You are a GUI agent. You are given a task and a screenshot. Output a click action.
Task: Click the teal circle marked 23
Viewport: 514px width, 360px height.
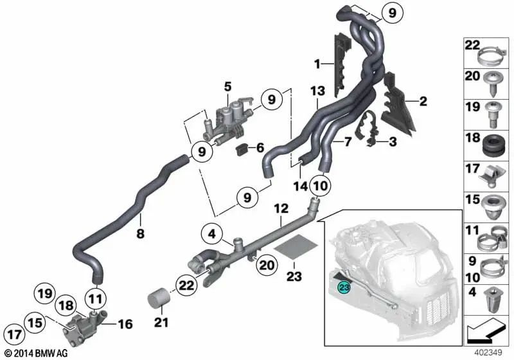pyautogui.click(x=344, y=287)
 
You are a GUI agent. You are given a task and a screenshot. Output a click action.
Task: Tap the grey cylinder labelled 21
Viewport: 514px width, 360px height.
pyautogui.click(x=157, y=298)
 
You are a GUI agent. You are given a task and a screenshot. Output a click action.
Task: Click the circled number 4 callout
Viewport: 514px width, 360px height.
pyautogui.click(x=212, y=235)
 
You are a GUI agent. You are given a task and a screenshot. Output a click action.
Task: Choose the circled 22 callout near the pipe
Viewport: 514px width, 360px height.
pyautogui.click(x=186, y=285)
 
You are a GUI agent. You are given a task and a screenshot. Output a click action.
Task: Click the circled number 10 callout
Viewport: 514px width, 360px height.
pyautogui.click(x=320, y=186)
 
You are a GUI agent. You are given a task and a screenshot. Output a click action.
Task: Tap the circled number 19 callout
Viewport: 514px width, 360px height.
pyautogui.click(x=45, y=293)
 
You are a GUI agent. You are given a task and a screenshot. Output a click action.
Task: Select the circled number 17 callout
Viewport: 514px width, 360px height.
pyautogui.click(x=14, y=335)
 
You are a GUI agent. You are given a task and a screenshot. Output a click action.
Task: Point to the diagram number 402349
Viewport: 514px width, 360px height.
pyautogui.click(x=488, y=353)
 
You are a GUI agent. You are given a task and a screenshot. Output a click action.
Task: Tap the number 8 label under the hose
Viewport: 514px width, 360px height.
pyautogui.click(x=140, y=234)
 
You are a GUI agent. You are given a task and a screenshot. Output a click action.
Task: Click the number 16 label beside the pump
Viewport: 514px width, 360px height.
pyautogui.click(x=125, y=324)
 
